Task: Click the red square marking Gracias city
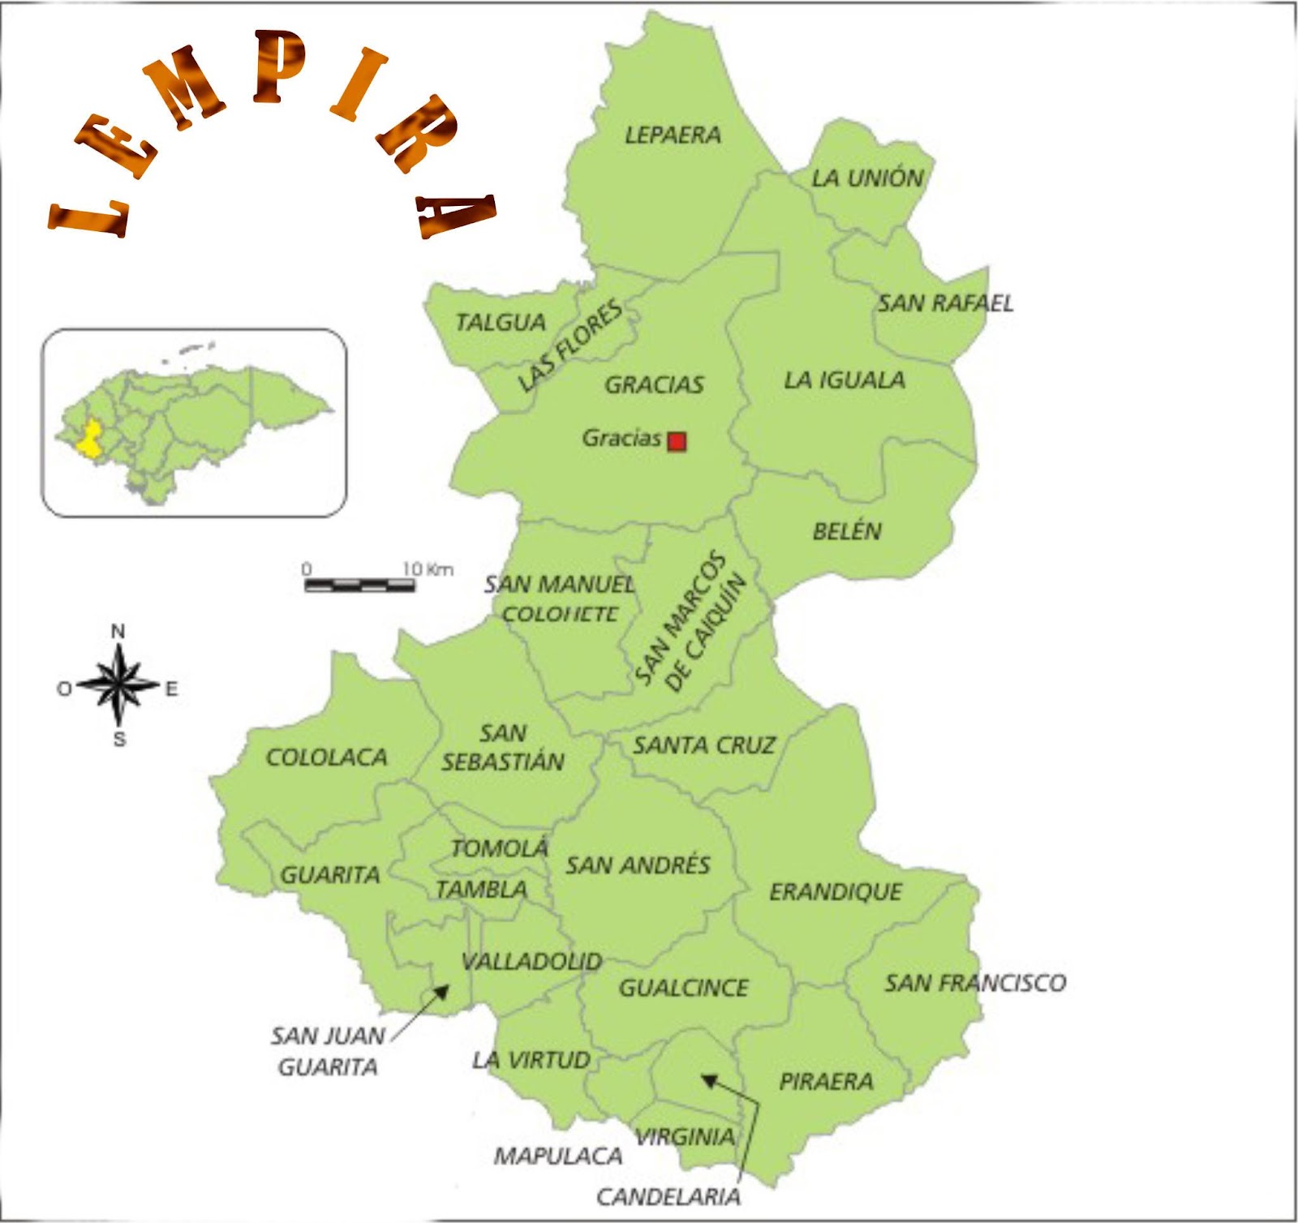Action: tap(677, 441)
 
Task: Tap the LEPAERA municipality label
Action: tap(673, 135)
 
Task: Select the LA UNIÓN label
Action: tap(867, 178)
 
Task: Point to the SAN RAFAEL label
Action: tap(945, 303)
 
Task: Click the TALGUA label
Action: tap(501, 323)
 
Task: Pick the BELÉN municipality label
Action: tap(847, 531)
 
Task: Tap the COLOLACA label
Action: tap(326, 757)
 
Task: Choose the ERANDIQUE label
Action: tap(835, 892)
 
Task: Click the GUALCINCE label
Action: tap(683, 988)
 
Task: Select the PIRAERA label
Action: tap(826, 1081)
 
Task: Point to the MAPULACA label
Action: tap(558, 1156)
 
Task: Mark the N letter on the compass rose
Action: tap(118, 631)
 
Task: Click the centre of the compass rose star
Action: tap(119, 686)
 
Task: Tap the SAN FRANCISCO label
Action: tap(974, 983)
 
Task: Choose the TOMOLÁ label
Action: tap(499, 848)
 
